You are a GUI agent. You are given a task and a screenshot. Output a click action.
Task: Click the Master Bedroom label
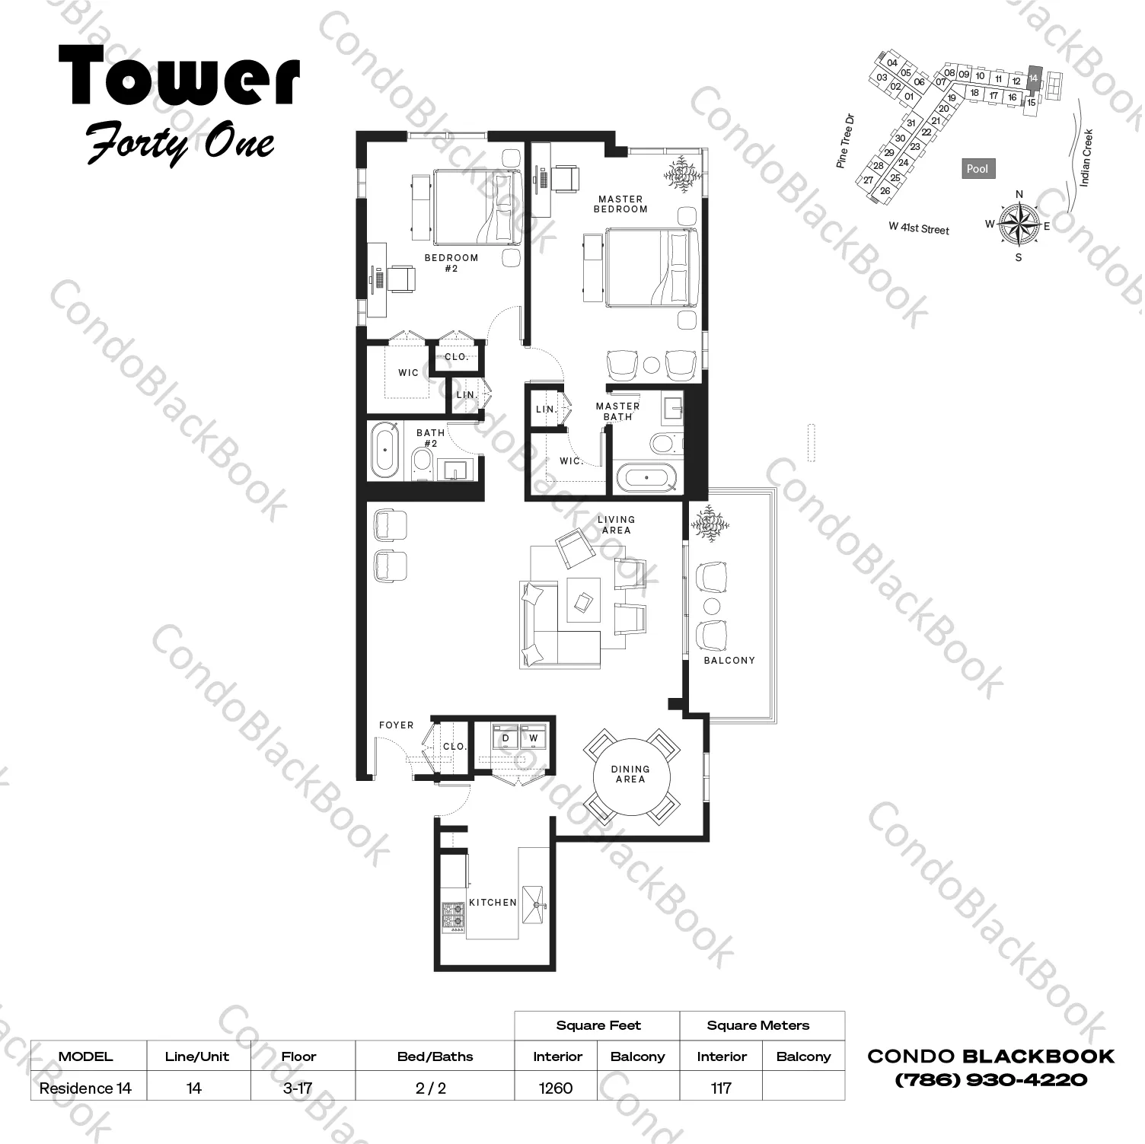[620, 204]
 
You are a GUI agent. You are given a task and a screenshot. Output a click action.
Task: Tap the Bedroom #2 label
[451, 263]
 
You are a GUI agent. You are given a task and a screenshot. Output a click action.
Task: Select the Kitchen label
[493, 902]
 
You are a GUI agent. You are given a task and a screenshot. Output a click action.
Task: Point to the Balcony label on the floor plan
[729, 660]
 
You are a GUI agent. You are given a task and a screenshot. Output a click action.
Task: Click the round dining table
[630, 775]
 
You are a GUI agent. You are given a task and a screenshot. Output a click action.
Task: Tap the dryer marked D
[506, 738]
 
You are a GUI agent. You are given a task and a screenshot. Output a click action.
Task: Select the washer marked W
[534, 738]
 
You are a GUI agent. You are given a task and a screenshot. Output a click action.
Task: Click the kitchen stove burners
[454, 916]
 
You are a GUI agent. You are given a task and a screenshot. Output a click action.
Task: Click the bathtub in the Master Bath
[647, 477]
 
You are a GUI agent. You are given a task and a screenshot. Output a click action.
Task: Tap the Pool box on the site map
[978, 169]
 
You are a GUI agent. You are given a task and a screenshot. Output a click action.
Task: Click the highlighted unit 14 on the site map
[1033, 78]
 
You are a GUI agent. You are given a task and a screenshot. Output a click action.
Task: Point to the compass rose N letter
[1019, 194]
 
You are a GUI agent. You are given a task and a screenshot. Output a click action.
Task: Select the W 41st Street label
[919, 228]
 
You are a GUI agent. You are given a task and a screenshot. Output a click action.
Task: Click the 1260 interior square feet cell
[556, 1088]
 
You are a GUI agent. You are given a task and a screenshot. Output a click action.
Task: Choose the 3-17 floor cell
[298, 1088]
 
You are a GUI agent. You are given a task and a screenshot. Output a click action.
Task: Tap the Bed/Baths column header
[435, 1056]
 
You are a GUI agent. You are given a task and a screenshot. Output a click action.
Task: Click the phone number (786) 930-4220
[991, 1080]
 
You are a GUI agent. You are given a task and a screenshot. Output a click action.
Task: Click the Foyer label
[397, 725]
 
